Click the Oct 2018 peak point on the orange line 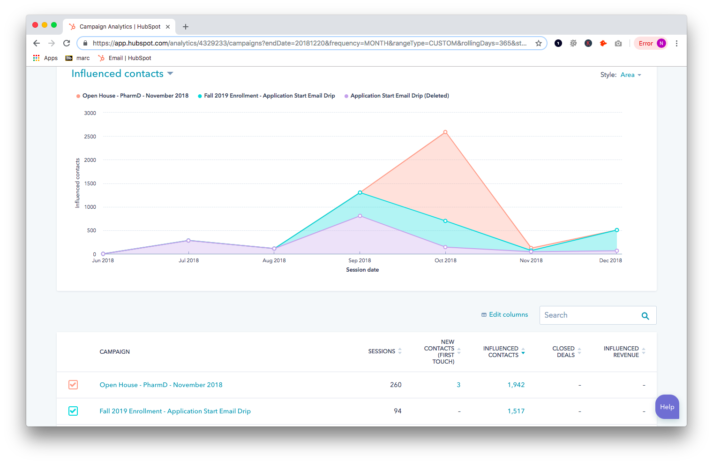click(x=445, y=132)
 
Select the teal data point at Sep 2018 click(x=360, y=192)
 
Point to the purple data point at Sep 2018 click(x=360, y=216)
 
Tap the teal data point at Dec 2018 click(x=617, y=230)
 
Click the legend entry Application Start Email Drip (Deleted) click(x=399, y=96)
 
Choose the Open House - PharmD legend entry click(x=135, y=96)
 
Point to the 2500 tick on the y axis click(x=90, y=137)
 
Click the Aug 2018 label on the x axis click(x=274, y=260)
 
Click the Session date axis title click(x=362, y=270)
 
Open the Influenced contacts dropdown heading click(x=122, y=74)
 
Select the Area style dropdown click(x=630, y=75)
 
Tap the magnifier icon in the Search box click(x=645, y=316)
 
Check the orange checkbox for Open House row click(x=73, y=385)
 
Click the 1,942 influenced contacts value click(x=516, y=385)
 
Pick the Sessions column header click(x=382, y=351)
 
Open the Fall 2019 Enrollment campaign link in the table click(x=175, y=411)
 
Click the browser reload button click(x=67, y=43)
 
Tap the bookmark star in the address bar click(x=539, y=43)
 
